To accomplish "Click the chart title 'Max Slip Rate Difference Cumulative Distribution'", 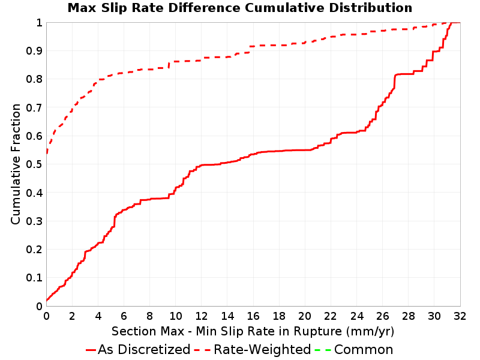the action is pyautogui.click(x=239, y=8).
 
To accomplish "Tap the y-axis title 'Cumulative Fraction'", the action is pyautogui.click(x=16, y=164).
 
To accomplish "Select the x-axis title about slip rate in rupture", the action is pyautogui.click(x=253, y=331).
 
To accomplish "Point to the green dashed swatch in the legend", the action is pyautogui.click(x=323, y=350).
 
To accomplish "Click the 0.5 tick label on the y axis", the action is pyautogui.click(x=34, y=164).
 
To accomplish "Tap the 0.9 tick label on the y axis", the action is pyautogui.click(x=34, y=51).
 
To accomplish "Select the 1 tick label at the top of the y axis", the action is pyautogui.click(x=39, y=23).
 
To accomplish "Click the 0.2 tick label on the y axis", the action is pyautogui.click(x=34, y=250).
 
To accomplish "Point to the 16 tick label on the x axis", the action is pyautogui.click(x=253, y=316).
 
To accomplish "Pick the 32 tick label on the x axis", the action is pyautogui.click(x=460, y=316).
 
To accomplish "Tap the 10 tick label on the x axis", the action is pyautogui.click(x=176, y=316).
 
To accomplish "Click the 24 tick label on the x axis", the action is pyautogui.click(x=356, y=316).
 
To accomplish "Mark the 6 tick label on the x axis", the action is pyautogui.click(x=124, y=316).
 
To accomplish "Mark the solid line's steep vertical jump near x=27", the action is pyautogui.click(x=395, y=82).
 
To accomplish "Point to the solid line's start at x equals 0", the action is pyautogui.click(x=47, y=301).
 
